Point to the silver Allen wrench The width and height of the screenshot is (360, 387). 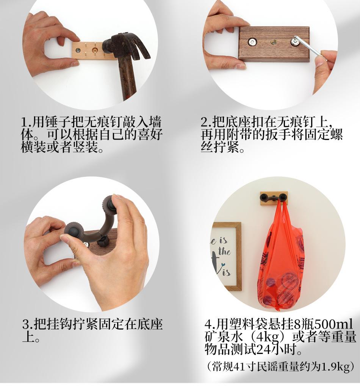click(311, 48)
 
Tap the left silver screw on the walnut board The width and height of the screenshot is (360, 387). click(252, 42)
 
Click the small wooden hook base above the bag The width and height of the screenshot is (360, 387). click(274, 198)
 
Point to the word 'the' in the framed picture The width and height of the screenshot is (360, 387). click(224, 251)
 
